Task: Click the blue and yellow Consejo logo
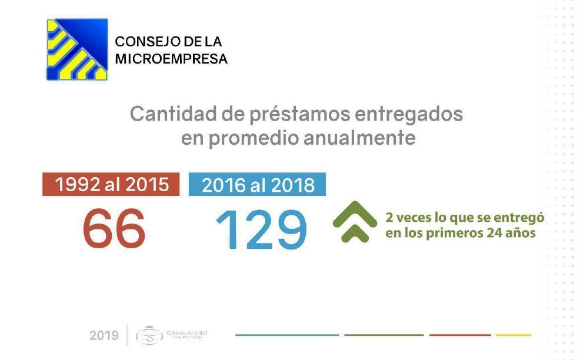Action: [77, 49]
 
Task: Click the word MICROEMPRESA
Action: [171, 59]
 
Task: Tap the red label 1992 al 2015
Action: [111, 184]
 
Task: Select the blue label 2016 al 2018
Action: [257, 184]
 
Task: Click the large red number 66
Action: [114, 228]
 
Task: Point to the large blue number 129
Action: [261, 229]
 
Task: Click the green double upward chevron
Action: [355, 222]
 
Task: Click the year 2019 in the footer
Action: [104, 336]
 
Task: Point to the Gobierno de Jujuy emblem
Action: [149, 335]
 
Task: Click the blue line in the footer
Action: [287, 335]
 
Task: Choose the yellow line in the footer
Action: [514, 335]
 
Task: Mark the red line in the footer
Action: [459, 335]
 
